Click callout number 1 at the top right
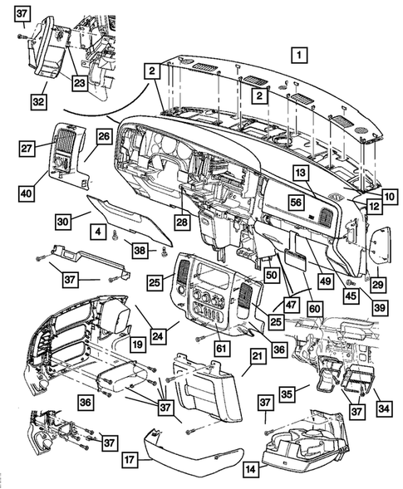(299, 56)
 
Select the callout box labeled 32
(38, 101)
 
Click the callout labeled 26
(104, 135)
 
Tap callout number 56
(294, 202)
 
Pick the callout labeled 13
(300, 172)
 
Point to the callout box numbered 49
(323, 281)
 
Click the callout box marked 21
(257, 356)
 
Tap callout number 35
(288, 394)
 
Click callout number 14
(249, 469)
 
